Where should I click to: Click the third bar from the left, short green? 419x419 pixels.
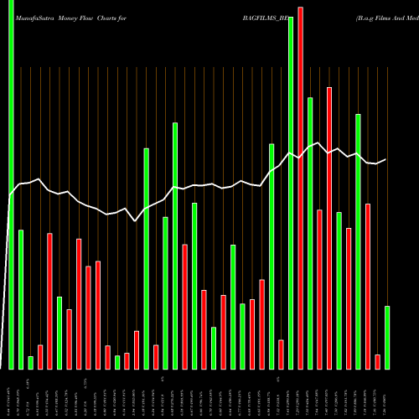point(31,362)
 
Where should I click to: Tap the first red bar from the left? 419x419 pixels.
point(40,357)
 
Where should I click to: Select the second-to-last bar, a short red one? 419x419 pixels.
point(377,361)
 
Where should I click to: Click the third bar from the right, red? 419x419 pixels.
point(368,286)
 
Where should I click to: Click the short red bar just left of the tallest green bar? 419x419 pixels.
point(281,354)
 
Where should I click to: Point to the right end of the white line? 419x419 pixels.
point(385,159)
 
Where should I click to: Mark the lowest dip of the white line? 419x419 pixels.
point(136,221)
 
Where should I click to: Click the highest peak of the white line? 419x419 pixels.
point(319,142)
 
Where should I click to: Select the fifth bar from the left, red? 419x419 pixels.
point(50,301)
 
